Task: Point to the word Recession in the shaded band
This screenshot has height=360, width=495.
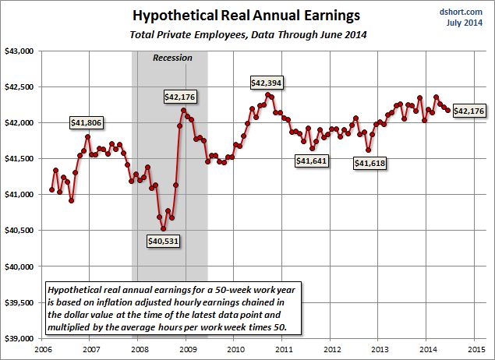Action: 172,58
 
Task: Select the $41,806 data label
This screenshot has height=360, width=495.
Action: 87,122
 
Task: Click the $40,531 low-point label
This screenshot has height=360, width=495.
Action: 164,241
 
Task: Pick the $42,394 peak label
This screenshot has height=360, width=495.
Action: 267,82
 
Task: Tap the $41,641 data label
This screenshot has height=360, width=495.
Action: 311,161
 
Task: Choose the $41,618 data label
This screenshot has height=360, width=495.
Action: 371,163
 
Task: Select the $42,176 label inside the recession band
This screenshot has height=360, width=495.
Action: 180,97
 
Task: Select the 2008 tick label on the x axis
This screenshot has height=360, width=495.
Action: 138,349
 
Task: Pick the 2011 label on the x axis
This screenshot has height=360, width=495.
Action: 283,349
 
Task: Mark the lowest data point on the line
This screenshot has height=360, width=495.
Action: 163,228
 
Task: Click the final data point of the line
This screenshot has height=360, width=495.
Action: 448,111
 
